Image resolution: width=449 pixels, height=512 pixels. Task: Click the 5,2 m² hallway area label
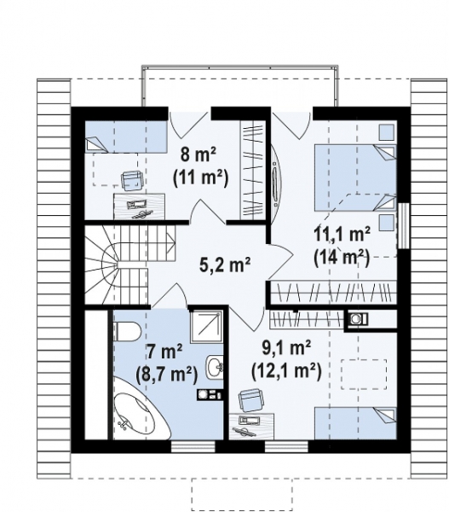click(225, 265)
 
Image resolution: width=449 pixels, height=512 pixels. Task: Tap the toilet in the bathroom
click(126, 330)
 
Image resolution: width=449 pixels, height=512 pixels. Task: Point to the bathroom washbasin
click(214, 367)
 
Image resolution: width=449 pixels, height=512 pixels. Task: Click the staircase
click(130, 265)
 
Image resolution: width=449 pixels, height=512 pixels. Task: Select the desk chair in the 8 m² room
click(132, 180)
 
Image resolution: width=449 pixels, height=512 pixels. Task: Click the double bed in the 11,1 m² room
click(354, 178)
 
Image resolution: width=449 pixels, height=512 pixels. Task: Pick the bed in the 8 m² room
click(126, 137)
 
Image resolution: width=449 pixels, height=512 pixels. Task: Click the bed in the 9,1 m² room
click(355, 423)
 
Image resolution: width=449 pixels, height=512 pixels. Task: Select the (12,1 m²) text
click(286, 371)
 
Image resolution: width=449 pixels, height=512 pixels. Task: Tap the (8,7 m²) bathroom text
click(166, 375)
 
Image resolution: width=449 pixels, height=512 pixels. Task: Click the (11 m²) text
click(200, 178)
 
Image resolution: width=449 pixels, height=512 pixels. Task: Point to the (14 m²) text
click(342, 258)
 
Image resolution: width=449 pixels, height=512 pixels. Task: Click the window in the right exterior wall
click(403, 225)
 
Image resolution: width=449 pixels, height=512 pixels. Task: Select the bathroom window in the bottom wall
click(193, 446)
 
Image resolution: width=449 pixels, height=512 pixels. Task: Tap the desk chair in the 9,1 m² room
click(250, 400)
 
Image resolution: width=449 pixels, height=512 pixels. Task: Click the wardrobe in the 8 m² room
click(251, 170)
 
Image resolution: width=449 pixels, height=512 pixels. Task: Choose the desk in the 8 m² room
click(139, 206)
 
